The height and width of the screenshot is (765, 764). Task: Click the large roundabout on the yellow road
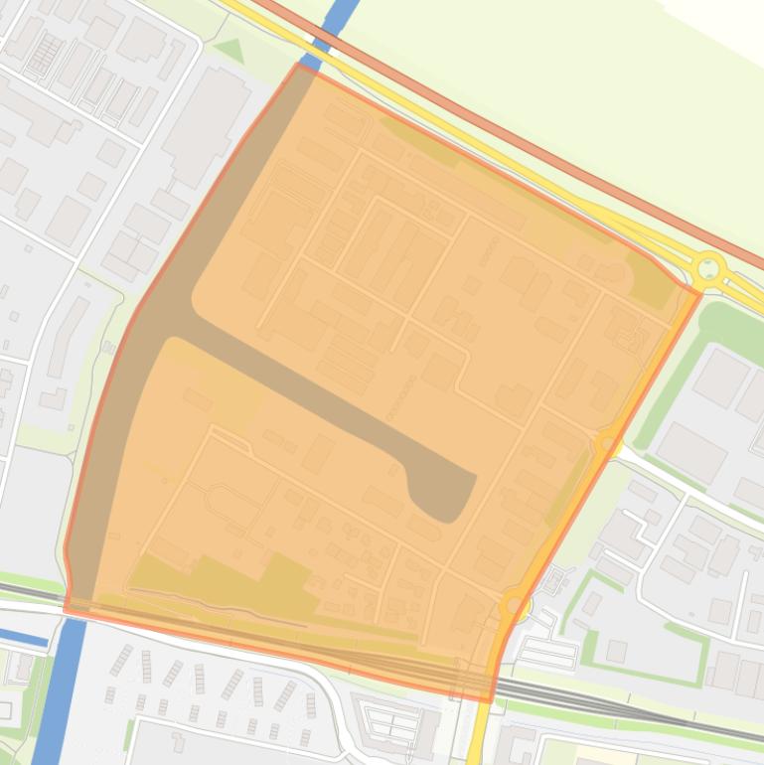(708, 267)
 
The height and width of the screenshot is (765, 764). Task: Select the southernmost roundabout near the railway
(513, 603)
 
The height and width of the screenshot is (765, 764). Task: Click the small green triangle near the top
(229, 50)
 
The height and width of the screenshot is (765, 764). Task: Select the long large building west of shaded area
(205, 125)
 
